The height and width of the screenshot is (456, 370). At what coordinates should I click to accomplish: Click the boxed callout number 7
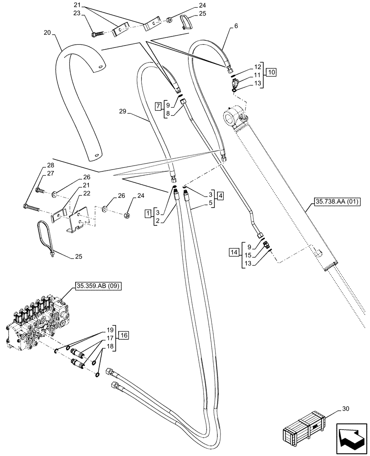[158, 106]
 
